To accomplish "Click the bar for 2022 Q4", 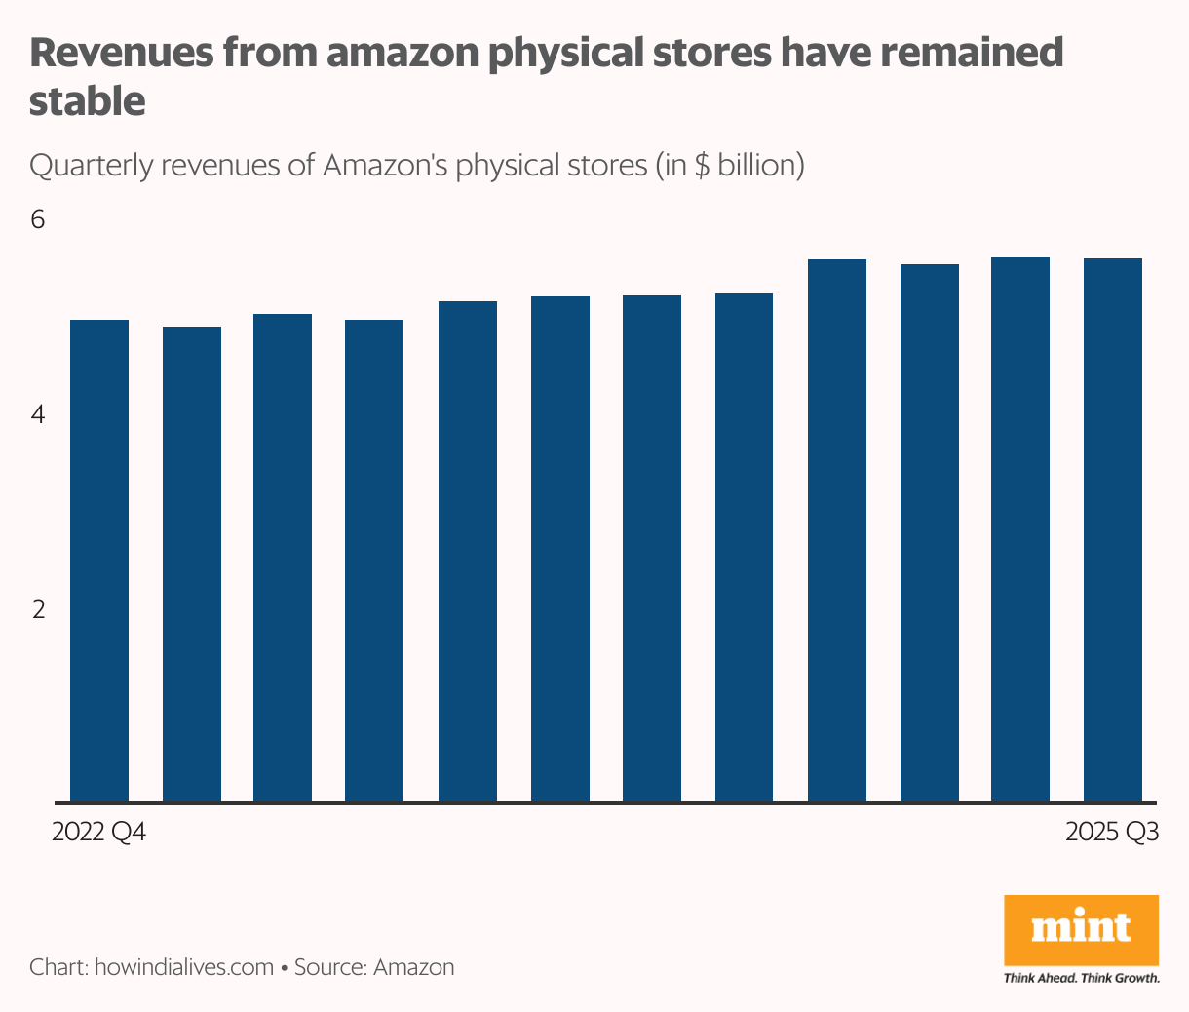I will point(99,561).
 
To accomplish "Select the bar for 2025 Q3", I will point(1113,530).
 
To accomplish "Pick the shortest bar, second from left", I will point(192,564).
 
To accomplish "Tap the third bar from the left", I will point(283,558).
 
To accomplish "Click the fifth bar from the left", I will point(468,552).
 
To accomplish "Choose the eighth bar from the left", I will point(744,548).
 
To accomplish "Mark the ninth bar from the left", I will point(837,530).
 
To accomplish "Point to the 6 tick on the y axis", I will point(38,220).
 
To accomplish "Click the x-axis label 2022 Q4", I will point(98,834).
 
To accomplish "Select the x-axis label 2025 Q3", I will point(1112,834).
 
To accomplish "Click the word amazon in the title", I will point(402,54).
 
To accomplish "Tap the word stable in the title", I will point(88,101).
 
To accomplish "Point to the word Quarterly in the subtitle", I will point(92,166).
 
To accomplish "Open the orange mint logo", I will point(1081,929).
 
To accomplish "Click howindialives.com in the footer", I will point(183,967).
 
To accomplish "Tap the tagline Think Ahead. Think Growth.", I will point(1081,978).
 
